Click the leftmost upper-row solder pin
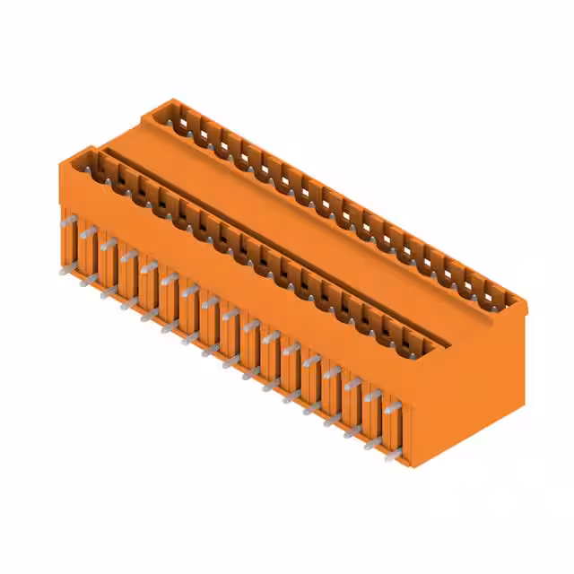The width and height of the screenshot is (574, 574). pyautogui.click(x=65, y=217)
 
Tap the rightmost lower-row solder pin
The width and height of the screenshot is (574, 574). pyautogui.click(x=391, y=456)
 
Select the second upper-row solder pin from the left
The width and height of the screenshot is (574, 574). pyautogui.click(x=87, y=230)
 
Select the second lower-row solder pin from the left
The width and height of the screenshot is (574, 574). pyautogui.click(x=86, y=280)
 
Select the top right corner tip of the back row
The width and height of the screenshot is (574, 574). pyautogui.click(x=530, y=309)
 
